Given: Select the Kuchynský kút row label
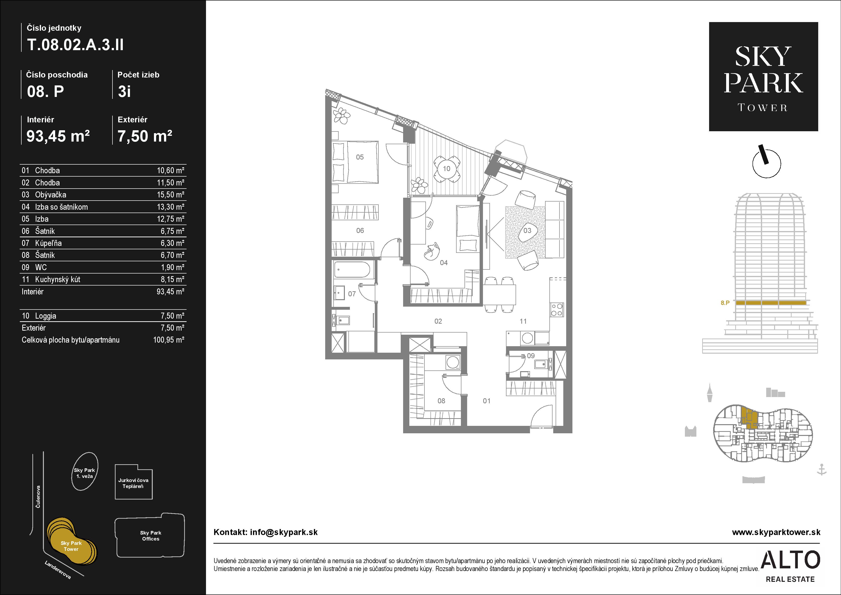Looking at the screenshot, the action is pyautogui.click(x=58, y=279).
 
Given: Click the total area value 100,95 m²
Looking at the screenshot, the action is pyautogui.click(x=169, y=340).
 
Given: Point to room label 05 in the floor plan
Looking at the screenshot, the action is pyautogui.click(x=360, y=157).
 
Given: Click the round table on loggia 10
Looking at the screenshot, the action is pyautogui.click(x=446, y=168).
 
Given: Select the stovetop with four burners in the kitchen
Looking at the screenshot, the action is pyautogui.click(x=557, y=309).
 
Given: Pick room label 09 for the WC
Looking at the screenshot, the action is pyautogui.click(x=531, y=355).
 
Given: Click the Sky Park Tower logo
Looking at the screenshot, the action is pyautogui.click(x=763, y=77).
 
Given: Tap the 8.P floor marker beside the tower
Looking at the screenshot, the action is pyautogui.click(x=725, y=303).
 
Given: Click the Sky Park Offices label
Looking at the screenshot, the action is pyautogui.click(x=151, y=536).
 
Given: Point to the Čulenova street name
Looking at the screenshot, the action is pyautogui.click(x=38, y=497).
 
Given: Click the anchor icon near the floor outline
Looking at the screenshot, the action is pyautogui.click(x=822, y=470).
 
